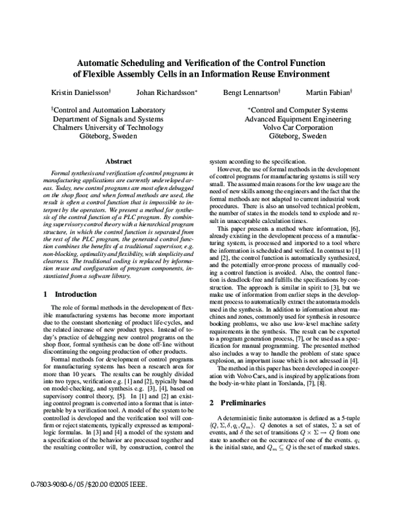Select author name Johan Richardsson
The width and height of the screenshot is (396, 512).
click(168, 92)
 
